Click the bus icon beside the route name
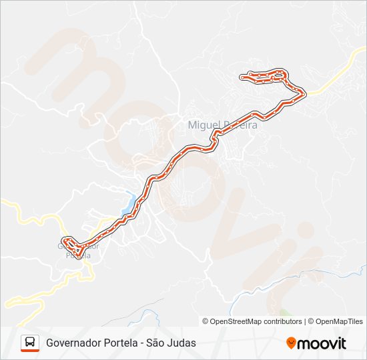tap(30, 343)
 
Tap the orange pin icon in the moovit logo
tap(291, 343)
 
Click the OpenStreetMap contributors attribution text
tap(256, 321)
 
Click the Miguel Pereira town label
tap(222, 125)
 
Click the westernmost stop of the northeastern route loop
tap(242, 77)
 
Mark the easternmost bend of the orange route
tap(306, 93)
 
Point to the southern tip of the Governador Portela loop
tap(79, 255)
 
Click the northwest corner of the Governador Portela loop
tap(63, 239)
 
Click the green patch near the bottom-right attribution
tap(286, 313)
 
